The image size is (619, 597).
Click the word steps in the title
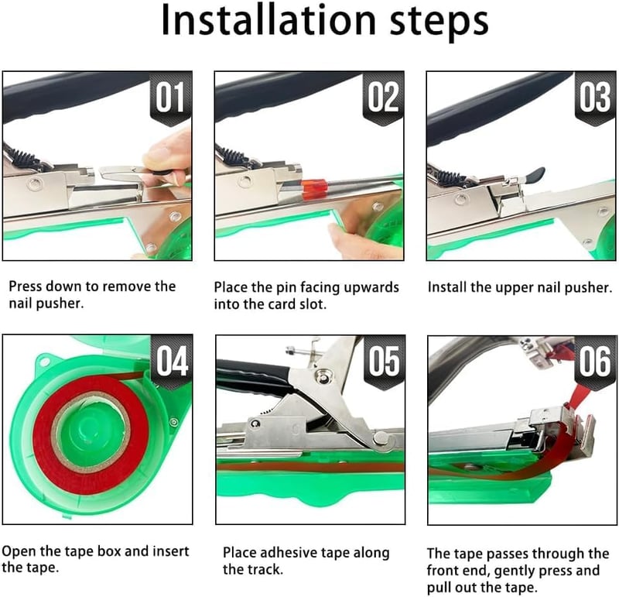pos(439,22)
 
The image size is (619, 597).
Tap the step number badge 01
pos(170,98)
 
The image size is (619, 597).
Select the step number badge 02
pos(383,98)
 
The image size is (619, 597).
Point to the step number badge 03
pos(595,98)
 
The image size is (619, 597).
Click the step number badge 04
pos(171,361)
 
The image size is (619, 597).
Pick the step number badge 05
pos(384,361)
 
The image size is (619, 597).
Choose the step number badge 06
pos(595,362)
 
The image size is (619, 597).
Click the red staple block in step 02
pos(315,189)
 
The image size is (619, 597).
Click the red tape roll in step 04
pos(91,434)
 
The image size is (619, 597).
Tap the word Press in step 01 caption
pos(26,286)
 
